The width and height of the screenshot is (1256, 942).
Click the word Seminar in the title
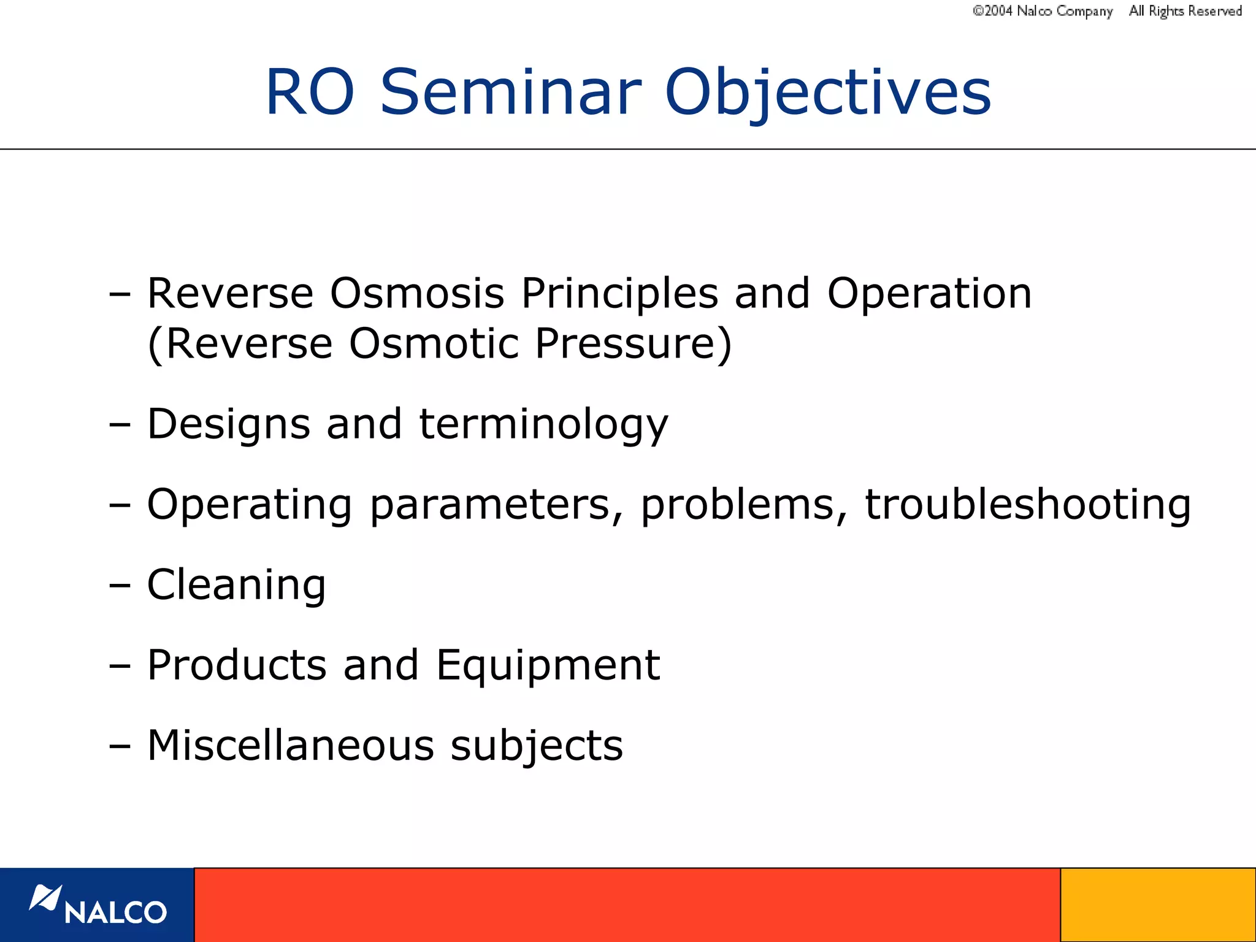[x=510, y=92]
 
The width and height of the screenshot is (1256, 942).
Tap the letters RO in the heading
[x=310, y=92]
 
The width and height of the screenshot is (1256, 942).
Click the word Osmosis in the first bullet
[x=417, y=293]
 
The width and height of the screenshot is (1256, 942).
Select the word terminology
[x=543, y=424]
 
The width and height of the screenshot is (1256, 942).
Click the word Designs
[x=229, y=424]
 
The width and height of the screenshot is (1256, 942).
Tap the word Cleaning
[x=237, y=585]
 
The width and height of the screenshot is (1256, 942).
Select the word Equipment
[x=548, y=666]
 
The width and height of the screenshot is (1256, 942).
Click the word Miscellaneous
[x=291, y=746]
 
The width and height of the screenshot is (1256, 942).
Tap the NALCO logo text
[x=115, y=913]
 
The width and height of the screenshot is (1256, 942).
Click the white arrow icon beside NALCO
[x=45, y=898]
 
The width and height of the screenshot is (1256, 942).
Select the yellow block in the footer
[x=1158, y=905]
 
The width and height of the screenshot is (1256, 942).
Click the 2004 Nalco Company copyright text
[x=1043, y=11]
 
